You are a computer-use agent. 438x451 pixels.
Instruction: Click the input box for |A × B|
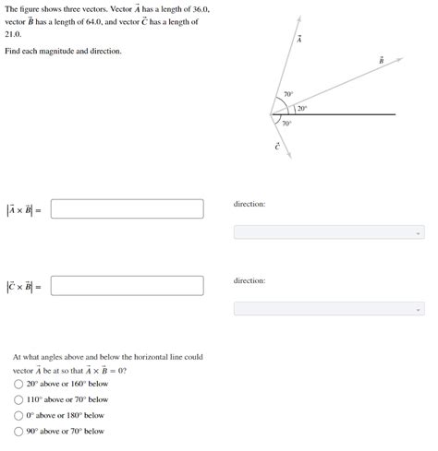tap(127, 209)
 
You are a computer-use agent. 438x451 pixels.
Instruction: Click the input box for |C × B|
tap(127, 286)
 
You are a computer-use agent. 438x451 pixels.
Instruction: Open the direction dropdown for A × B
tap(329, 231)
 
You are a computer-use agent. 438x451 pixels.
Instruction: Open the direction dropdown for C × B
tap(329, 308)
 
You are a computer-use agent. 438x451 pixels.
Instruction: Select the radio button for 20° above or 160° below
tap(18, 384)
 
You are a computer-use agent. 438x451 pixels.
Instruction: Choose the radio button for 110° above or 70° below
tap(18, 399)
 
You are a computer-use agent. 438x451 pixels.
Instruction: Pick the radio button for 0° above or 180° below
tap(18, 415)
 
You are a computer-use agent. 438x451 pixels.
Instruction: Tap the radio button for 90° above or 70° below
tap(18, 431)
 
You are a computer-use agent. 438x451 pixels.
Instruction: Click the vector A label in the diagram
tap(299, 39)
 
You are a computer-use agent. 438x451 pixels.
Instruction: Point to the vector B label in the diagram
tap(381, 61)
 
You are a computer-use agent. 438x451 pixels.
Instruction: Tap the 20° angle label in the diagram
tap(302, 109)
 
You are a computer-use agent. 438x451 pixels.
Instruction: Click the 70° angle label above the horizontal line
tap(287, 95)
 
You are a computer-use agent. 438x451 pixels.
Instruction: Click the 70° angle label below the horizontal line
tap(286, 124)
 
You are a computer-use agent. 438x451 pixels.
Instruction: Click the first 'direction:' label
tap(249, 203)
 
